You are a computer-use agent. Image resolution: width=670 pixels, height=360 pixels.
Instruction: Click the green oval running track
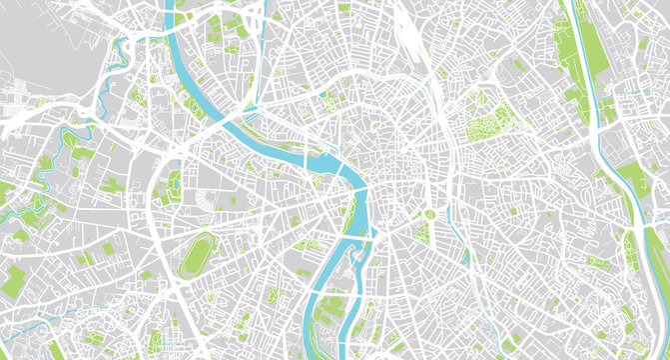pyautogui.click(x=200, y=256)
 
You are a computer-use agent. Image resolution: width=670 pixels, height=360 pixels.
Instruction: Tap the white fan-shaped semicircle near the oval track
pyautogui.click(x=204, y=199)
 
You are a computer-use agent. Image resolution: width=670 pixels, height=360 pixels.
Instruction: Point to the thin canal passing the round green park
pyautogui.click(x=445, y=200)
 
